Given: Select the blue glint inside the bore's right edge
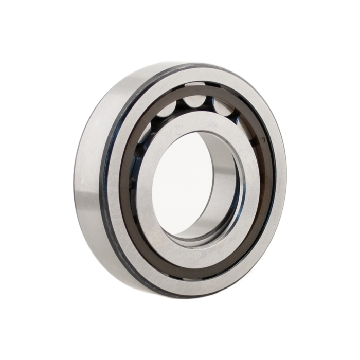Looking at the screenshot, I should [241, 206].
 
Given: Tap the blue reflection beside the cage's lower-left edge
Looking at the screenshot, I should [135, 206].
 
